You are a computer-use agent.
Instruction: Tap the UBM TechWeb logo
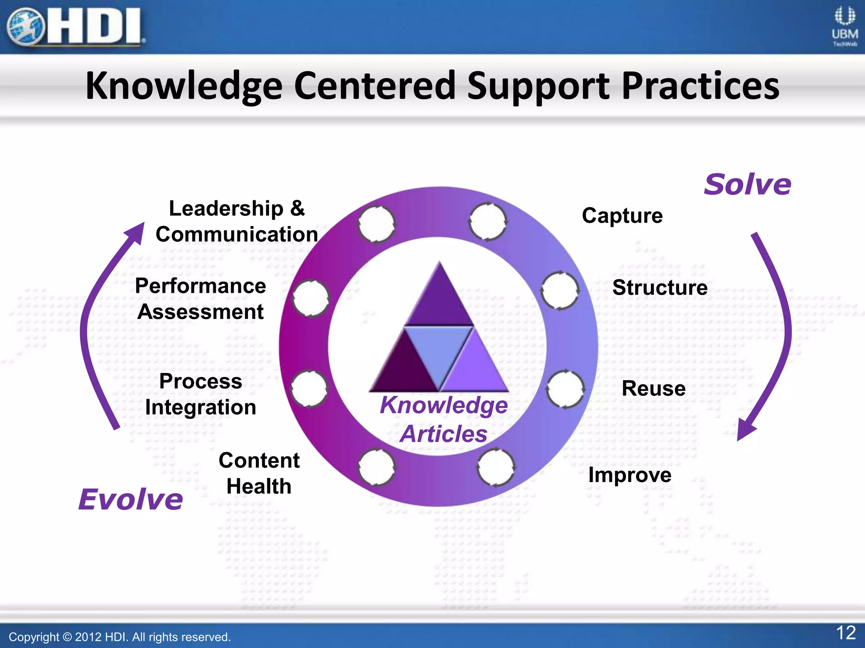844,26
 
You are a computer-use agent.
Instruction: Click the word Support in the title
539,86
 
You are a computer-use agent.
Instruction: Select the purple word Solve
747,185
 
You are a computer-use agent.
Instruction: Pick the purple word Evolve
131,499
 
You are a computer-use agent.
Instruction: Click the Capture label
622,216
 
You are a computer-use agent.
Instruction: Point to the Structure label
660,288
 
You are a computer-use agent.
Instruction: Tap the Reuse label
653,389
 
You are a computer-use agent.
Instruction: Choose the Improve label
629,475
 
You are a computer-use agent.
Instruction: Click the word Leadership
226,209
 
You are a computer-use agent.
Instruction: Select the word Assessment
201,312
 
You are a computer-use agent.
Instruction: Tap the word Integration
201,408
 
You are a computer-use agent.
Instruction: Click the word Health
259,486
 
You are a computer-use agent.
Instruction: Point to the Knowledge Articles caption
443,419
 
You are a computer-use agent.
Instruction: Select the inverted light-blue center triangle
439,348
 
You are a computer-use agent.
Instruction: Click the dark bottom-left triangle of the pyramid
403,367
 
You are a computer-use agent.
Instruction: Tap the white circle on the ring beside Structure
560,291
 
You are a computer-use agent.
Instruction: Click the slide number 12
846,633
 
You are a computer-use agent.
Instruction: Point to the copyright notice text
120,637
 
